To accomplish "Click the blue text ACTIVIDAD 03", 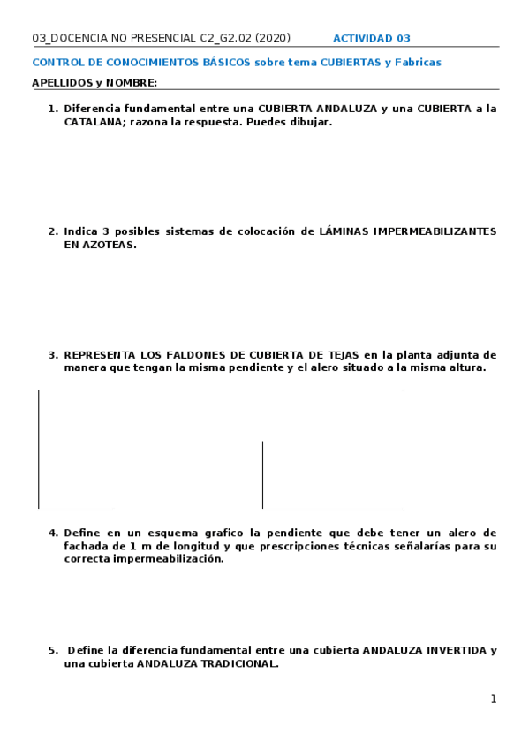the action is [x=371, y=39].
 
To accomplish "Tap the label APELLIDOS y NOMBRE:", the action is [x=94, y=83].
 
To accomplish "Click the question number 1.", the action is [x=52, y=109].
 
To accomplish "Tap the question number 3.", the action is [x=52, y=355].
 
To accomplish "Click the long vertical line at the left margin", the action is [x=38, y=449].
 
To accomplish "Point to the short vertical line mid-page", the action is [x=262, y=474].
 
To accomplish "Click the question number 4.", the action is [x=52, y=533].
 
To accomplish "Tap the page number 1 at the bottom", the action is [x=494, y=700].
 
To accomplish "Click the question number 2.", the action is [x=52, y=231].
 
